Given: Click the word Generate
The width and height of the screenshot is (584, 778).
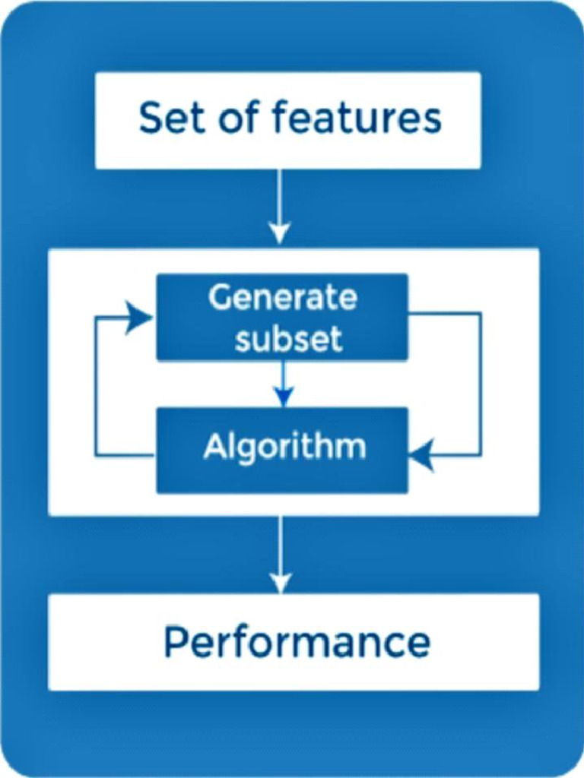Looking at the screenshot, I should (282, 298).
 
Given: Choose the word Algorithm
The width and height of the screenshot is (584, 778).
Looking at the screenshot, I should (284, 448).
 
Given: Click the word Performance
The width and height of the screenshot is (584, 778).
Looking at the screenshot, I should (297, 643).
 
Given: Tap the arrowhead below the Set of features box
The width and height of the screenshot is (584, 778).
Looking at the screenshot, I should (281, 231).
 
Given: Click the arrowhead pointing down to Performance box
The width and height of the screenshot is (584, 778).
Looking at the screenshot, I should (281, 581).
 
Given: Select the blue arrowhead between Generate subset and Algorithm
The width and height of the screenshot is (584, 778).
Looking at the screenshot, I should (283, 397).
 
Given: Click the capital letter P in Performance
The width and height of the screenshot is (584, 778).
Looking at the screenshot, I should (175, 643).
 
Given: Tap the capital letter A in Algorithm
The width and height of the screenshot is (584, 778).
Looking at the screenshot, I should (214, 447).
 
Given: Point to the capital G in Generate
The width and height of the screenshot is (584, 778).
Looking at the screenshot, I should (220, 298).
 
